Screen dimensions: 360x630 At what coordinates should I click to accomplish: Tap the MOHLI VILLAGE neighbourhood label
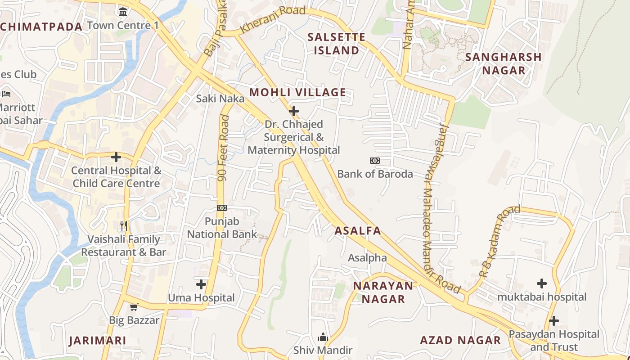297,93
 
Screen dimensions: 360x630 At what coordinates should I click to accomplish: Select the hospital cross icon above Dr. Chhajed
294,111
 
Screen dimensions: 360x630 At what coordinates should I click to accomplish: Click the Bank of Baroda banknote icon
374,161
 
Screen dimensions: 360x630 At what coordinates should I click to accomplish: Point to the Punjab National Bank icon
222,208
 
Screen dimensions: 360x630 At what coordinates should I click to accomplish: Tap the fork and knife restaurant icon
124,225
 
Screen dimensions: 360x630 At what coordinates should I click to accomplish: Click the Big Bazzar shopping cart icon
134,307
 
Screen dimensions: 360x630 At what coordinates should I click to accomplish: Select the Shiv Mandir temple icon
323,337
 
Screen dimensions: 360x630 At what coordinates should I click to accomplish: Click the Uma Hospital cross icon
201,284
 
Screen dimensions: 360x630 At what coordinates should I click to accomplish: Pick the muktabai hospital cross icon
542,283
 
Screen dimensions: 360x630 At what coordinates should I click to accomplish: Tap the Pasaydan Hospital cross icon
554,321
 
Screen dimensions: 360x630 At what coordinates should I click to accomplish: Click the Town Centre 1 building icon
123,11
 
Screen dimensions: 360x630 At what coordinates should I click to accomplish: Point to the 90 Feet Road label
223,148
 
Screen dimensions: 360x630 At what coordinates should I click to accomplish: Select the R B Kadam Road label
499,241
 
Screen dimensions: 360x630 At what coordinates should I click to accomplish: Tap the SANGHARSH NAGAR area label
503,63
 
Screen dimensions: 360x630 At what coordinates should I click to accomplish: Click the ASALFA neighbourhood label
358,231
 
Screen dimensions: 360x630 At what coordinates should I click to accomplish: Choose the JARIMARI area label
98,341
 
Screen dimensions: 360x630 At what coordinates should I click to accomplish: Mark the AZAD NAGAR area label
460,340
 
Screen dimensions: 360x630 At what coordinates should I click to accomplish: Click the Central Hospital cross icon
116,157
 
